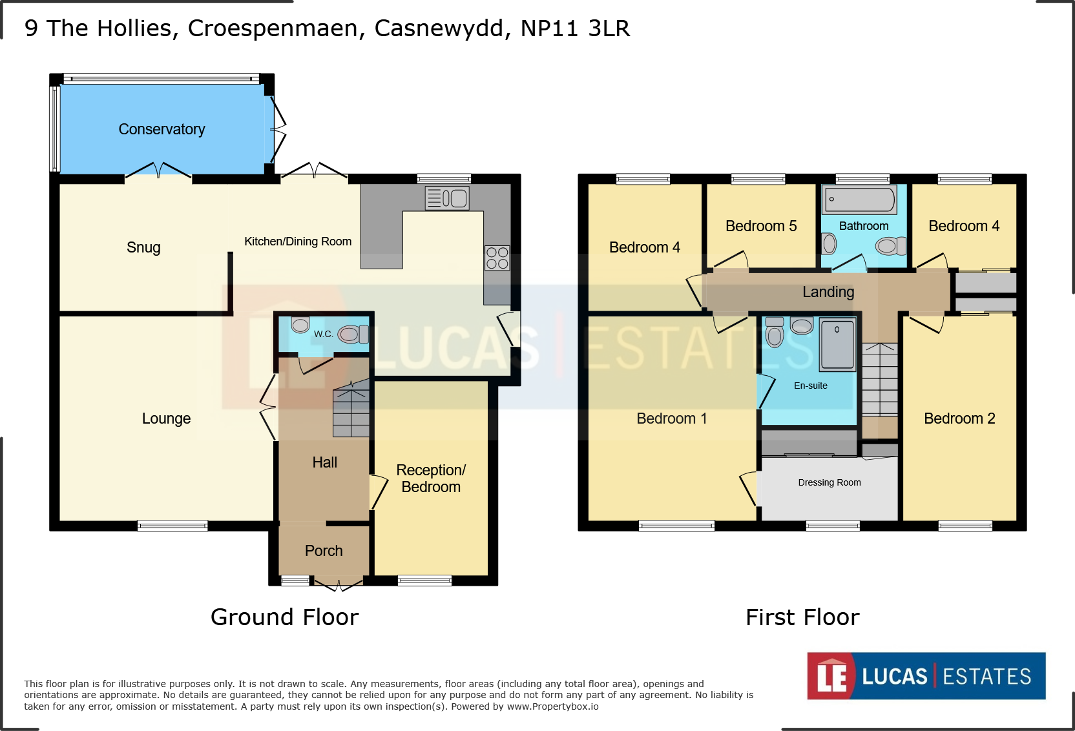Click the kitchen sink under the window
click(x=447, y=198)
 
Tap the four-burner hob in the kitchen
click(x=497, y=258)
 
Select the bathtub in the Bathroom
click(x=860, y=200)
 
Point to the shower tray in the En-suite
click(x=838, y=345)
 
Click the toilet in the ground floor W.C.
click(x=353, y=334)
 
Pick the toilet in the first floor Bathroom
click(x=891, y=246)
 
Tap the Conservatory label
click(x=162, y=129)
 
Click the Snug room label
click(x=143, y=247)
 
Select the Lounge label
click(x=166, y=418)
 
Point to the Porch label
click(x=324, y=551)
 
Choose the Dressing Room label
click(x=830, y=482)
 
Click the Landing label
click(x=828, y=292)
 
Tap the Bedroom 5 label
click(x=761, y=226)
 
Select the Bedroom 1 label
click(x=672, y=418)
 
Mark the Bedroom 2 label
click(x=960, y=418)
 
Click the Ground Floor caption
click(x=285, y=617)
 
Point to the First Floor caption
click(x=802, y=617)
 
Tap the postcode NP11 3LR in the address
click(x=575, y=28)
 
